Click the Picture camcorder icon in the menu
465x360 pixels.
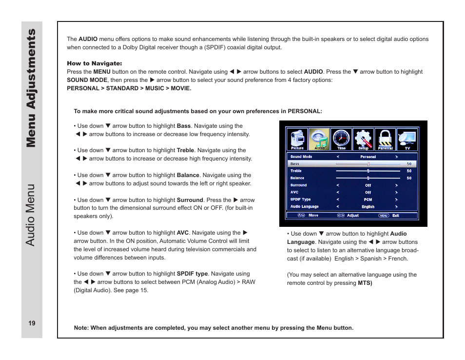297,140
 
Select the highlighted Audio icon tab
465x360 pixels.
319,140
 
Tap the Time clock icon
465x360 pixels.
341,140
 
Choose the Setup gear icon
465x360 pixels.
364,140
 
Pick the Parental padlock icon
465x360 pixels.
386,140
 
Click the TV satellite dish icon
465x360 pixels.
407,140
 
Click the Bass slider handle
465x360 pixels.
368,164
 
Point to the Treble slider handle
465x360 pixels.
368,171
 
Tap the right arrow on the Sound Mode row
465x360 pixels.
397,157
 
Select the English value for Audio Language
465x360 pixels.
368,207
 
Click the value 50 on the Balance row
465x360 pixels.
409,178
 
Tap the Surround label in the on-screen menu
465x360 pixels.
298,185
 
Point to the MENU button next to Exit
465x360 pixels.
384,215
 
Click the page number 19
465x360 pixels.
32,323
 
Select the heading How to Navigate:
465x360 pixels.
94,63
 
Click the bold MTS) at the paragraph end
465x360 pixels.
365,283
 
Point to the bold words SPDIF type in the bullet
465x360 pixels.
192,274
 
